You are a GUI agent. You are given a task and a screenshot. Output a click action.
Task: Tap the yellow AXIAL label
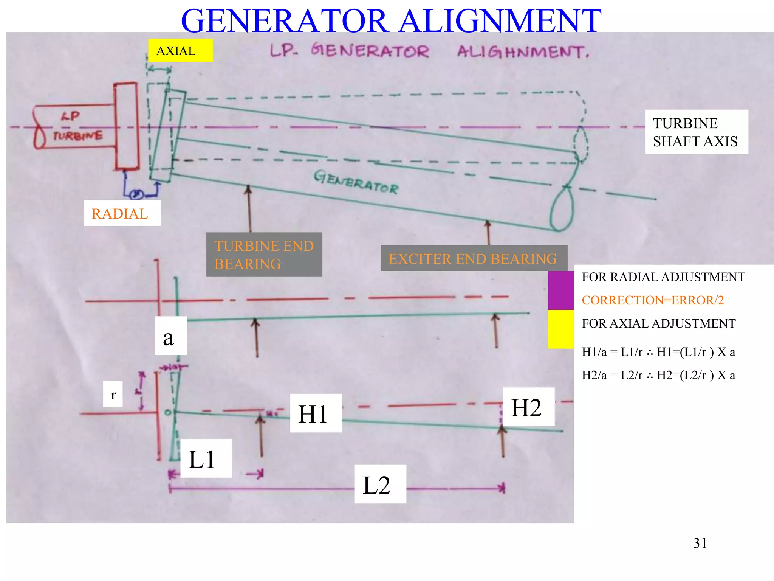tap(180, 50)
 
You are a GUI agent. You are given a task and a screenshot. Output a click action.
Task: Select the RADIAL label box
tap(122, 213)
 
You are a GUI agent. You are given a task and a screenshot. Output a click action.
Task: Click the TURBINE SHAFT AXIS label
tap(696, 132)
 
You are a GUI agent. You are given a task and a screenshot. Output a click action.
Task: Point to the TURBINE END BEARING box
tap(264, 255)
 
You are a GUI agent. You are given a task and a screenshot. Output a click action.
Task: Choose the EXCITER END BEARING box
tap(473, 258)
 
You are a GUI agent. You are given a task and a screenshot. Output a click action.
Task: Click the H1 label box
tap(316, 413)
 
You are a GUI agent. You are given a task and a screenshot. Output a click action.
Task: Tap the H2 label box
tap(528, 407)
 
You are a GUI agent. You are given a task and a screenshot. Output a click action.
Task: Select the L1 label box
tap(206, 458)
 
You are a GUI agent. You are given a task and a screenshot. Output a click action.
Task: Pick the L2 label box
tap(380, 484)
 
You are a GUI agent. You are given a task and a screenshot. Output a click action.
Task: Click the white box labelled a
tap(170, 336)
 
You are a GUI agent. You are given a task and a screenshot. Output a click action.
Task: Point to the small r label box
tap(113, 394)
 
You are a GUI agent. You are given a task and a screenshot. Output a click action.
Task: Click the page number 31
tap(700, 543)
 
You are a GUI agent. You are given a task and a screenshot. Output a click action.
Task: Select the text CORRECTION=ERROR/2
tap(653, 300)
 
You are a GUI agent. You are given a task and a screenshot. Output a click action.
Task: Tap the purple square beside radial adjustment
tap(561, 290)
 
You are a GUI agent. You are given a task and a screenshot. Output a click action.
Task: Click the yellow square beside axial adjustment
tap(561, 329)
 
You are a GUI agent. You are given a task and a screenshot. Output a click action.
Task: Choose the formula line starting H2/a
tap(658, 375)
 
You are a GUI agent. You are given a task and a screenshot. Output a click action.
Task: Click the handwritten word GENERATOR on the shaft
tap(356, 182)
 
